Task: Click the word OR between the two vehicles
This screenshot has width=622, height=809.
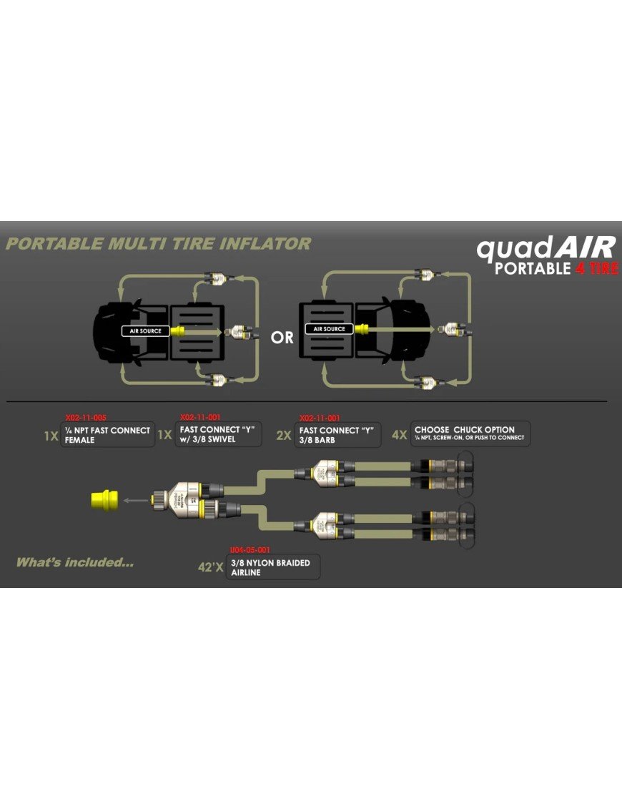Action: click(282, 338)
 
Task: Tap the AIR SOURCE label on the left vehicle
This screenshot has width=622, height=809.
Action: click(146, 331)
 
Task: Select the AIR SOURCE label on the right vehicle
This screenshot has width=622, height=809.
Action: click(330, 329)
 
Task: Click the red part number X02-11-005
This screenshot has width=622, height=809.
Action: click(86, 417)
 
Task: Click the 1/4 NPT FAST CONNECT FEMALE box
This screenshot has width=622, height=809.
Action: click(108, 435)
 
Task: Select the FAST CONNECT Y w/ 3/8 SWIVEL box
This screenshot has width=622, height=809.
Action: click(219, 435)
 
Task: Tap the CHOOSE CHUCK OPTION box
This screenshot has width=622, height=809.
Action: click(470, 433)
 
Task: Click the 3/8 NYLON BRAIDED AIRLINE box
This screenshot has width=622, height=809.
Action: click(273, 567)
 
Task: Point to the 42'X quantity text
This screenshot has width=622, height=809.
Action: click(211, 568)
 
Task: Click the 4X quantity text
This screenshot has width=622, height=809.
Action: click(399, 435)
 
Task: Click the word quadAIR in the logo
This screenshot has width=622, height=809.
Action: click(546, 248)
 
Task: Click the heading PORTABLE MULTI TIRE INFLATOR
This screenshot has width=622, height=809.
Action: click(158, 244)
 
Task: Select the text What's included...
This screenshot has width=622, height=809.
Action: click(74, 562)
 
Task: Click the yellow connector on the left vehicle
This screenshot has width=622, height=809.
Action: click(177, 331)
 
